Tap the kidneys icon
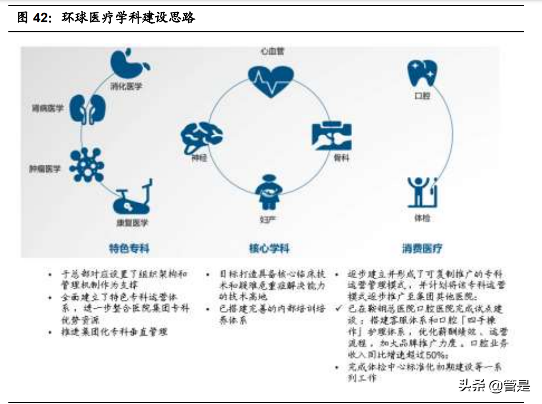point(89,109)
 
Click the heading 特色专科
point(130,248)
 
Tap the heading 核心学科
point(269,248)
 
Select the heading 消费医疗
point(422,248)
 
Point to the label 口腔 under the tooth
point(422,96)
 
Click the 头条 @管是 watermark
point(494,385)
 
